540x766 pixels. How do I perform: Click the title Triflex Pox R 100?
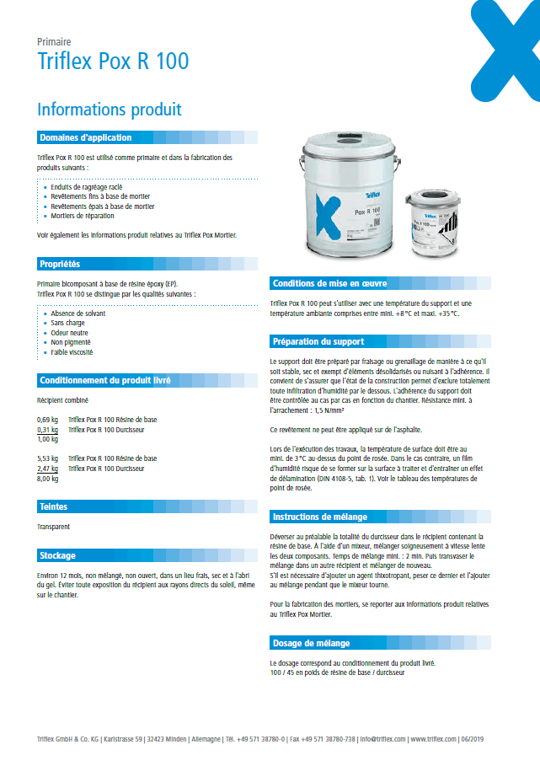pyautogui.click(x=113, y=62)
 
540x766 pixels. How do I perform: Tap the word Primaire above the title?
pyautogui.click(x=54, y=41)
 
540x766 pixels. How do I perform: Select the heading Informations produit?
pyautogui.click(x=109, y=110)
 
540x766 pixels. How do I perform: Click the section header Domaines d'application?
pyautogui.click(x=86, y=137)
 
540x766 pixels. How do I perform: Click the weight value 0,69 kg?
pyautogui.click(x=47, y=419)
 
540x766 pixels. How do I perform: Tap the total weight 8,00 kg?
pyautogui.click(x=47, y=478)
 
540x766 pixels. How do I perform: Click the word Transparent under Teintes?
pyautogui.click(x=53, y=527)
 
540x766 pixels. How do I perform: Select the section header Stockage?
pyautogui.click(x=57, y=555)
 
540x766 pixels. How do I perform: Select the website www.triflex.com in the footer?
pyautogui.click(x=433, y=739)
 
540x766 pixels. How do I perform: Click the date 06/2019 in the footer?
pyautogui.click(x=472, y=739)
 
